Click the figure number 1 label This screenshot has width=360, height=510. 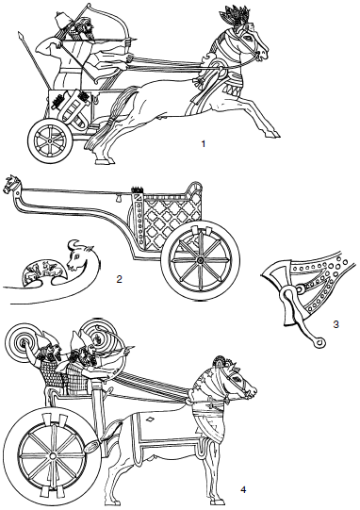(x=204, y=143)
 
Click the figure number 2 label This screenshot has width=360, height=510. (x=119, y=279)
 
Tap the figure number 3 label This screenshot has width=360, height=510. (x=336, y=324)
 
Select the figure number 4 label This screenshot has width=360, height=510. (x=243, y=489)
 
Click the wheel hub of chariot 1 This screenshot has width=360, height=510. (x=49, y=141)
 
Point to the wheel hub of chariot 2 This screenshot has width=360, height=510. (x=200, y=260)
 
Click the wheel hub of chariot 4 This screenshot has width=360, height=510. (x=52, y=456)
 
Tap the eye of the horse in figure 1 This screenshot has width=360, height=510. (x=250, y=37)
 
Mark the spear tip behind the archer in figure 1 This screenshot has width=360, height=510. (x=21, y=35)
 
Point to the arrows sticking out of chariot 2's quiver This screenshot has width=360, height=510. (x=137, y=189)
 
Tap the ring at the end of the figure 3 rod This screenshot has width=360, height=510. (x=320, y=342)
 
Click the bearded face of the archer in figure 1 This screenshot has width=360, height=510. (x=88, y=30)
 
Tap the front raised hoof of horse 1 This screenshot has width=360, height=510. (x=270, y=133)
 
